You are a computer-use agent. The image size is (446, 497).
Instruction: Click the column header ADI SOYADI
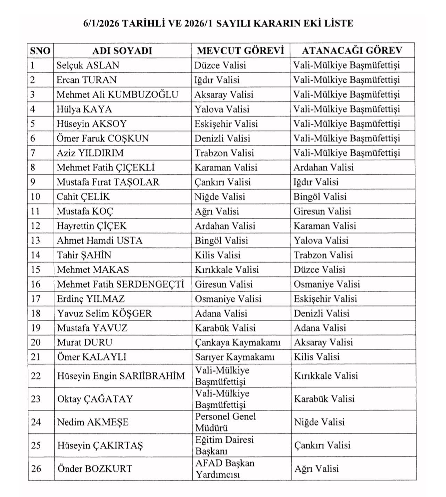pos(122,51)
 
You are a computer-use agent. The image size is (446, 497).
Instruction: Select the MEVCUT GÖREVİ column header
pos(240,51)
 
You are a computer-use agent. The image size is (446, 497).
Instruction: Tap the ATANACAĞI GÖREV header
pos(352,51)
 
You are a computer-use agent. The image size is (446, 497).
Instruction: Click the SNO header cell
pos(40,51)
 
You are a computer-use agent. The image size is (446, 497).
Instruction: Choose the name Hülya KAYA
pos(84,109)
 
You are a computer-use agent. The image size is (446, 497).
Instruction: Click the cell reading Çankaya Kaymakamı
pos(238,342)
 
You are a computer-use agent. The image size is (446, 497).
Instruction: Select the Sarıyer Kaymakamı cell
pos(235,357)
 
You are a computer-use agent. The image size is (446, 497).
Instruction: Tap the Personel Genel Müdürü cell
pos(225,422)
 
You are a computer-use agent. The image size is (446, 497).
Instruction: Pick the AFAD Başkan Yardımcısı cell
pos(225,469)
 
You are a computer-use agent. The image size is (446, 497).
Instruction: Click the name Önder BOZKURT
pos(95,469)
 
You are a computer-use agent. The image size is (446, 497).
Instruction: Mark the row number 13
pos(35,240)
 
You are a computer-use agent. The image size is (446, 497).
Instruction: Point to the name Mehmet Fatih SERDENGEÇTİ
pos(120,284)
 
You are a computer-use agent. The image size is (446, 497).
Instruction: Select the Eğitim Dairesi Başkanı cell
pos(224,445)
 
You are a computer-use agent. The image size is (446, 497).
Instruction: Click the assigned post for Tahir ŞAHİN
pos(323,255)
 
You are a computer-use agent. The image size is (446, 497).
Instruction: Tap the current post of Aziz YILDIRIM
pos(224,153)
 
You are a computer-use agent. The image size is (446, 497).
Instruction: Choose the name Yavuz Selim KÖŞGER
pos(105,313)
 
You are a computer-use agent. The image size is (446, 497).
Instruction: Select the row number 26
pos(36,469)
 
